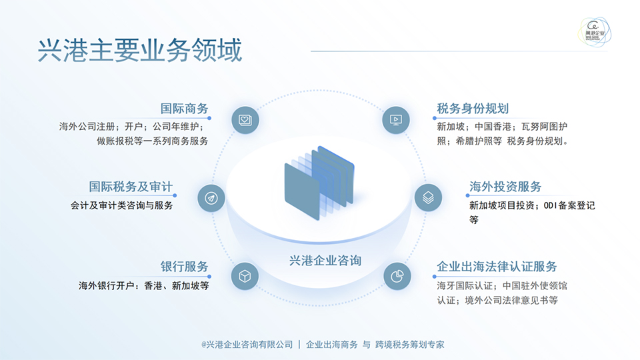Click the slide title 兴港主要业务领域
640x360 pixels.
[x=140, y=50]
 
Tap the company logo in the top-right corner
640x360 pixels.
[x=594, y=32]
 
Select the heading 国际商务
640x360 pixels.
[x=185, y=109]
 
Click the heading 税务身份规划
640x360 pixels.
[x=473, y=109]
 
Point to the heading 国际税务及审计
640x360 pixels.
[x=131, y=187]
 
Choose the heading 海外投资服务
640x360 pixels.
[x=505, y=187]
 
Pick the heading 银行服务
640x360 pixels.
[x=185, y=267]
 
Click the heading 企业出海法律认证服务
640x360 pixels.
[x=497, y=267]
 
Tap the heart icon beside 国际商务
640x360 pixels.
[x=245, y=120]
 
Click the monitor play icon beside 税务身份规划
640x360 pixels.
[x=396, y=120]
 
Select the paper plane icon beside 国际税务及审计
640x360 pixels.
[x=211, y=198]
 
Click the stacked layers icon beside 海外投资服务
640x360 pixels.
[x=428, y=198]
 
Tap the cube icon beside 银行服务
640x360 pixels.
[x=245, y=276]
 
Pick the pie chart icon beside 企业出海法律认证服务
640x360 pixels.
[x=397, y=276]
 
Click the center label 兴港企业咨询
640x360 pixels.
[x=325, y=261]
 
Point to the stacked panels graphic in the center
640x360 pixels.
[x=319, y=183]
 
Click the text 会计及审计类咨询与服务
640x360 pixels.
[x=121, y=205]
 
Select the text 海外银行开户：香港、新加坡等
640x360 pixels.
[x=144, y=286]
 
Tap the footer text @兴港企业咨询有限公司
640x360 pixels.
[x=247, y=345]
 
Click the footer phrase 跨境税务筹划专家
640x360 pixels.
[x=410, y=345]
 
